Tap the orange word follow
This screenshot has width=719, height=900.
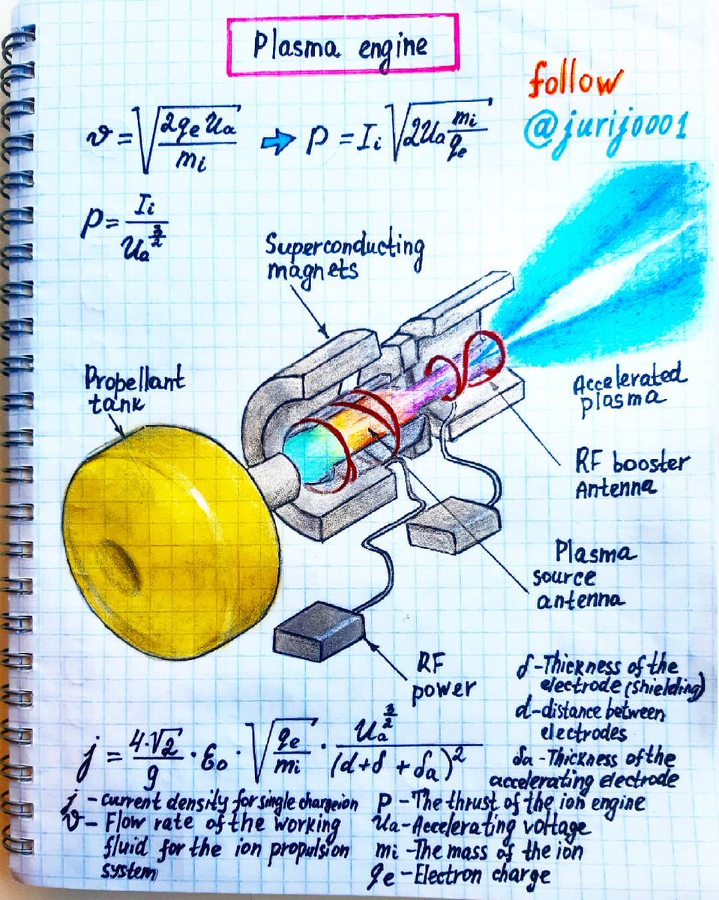click(575, 82)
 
